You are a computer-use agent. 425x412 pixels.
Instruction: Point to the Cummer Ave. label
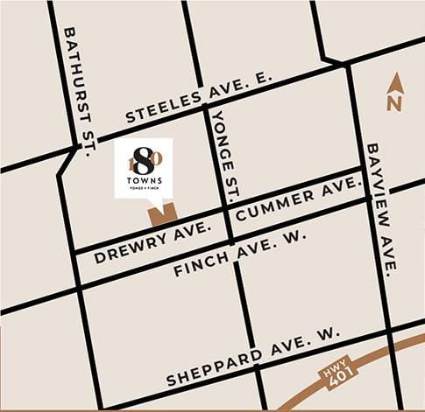click(x=299, y=199)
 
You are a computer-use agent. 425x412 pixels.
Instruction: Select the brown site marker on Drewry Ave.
click(x=162, y=213)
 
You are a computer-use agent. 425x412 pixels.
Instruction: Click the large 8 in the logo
click(x=144, y=161)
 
